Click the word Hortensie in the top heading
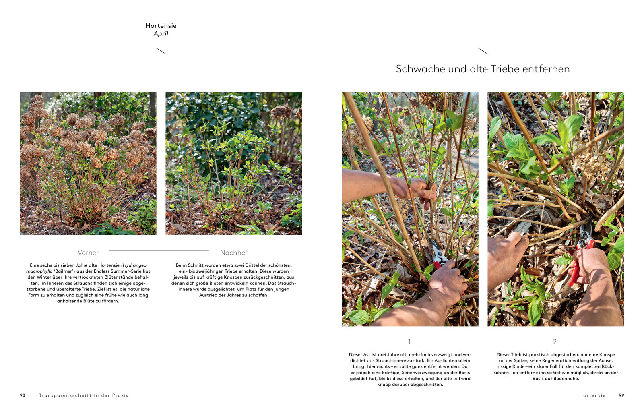pos(161,26)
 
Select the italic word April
pos(161,34)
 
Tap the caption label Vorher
pos(88,253)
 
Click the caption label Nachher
pos(234,253)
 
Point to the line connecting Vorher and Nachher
pos(159,251)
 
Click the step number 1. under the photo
pos(410,342)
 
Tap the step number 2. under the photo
pos(556,342)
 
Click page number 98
pos(23,395)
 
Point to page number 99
pos(621,395)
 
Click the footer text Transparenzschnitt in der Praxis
pos(84,395)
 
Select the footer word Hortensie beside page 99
pos(592,395)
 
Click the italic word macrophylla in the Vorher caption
pos(39,271)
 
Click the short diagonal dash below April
pos(161,51)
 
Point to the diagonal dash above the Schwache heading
pos(483,51)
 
